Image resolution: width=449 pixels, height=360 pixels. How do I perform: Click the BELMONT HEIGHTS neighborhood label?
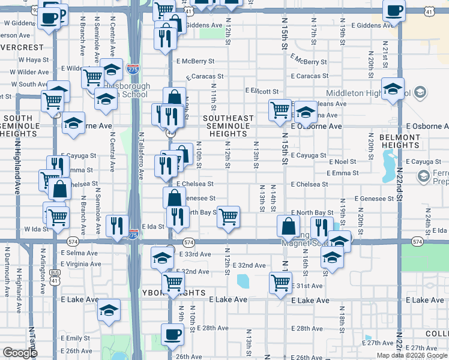(x=400, y=141)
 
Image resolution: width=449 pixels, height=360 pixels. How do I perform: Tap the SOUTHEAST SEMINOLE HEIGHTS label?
(x=228, y=126)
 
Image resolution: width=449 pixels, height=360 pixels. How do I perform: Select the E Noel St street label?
(x=343, y=162)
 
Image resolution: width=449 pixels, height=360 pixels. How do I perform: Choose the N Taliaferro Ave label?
(x=142, y=156)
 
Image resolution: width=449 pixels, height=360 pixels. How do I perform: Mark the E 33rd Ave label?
(x=195, y=254)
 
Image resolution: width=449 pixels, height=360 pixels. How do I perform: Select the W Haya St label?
(x=33, y=60)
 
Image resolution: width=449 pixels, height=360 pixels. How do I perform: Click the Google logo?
(x=20, y=353)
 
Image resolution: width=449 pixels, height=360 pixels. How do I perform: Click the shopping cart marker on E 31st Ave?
(x=280, y=283)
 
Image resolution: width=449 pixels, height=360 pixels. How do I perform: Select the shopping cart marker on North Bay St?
(x=228, y=217)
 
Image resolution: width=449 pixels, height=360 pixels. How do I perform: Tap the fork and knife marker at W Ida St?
(x=116, y=225)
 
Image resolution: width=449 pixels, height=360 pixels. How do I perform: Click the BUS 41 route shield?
(x=55, y=280)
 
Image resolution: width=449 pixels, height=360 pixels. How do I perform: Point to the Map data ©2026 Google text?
(x=412, y=355)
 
